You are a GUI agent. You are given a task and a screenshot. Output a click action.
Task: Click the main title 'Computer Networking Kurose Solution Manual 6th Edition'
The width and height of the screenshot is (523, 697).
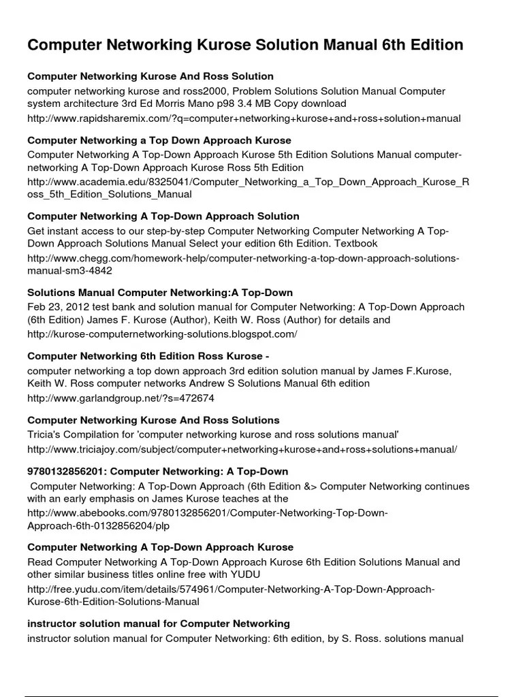(245, 45)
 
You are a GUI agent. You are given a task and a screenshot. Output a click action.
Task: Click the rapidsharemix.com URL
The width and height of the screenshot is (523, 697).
(244, 118)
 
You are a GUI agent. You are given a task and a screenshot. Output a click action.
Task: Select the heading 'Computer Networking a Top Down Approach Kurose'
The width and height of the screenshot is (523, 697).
(150, 140)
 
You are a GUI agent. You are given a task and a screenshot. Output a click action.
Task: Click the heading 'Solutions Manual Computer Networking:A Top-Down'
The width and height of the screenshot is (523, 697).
(160, 293)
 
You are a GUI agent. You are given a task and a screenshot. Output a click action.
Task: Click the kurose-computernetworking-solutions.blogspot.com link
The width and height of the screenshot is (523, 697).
(162, 334)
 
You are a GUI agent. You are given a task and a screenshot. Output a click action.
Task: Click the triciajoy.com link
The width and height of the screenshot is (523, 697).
(242, 449)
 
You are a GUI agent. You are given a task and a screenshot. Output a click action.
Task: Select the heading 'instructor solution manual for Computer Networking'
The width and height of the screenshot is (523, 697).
(159, 623)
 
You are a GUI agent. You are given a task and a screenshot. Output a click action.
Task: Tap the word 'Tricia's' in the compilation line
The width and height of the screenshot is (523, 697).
(46, 434)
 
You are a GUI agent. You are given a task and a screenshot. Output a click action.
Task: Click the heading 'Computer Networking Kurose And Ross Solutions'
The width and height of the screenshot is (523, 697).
(153, 420)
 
